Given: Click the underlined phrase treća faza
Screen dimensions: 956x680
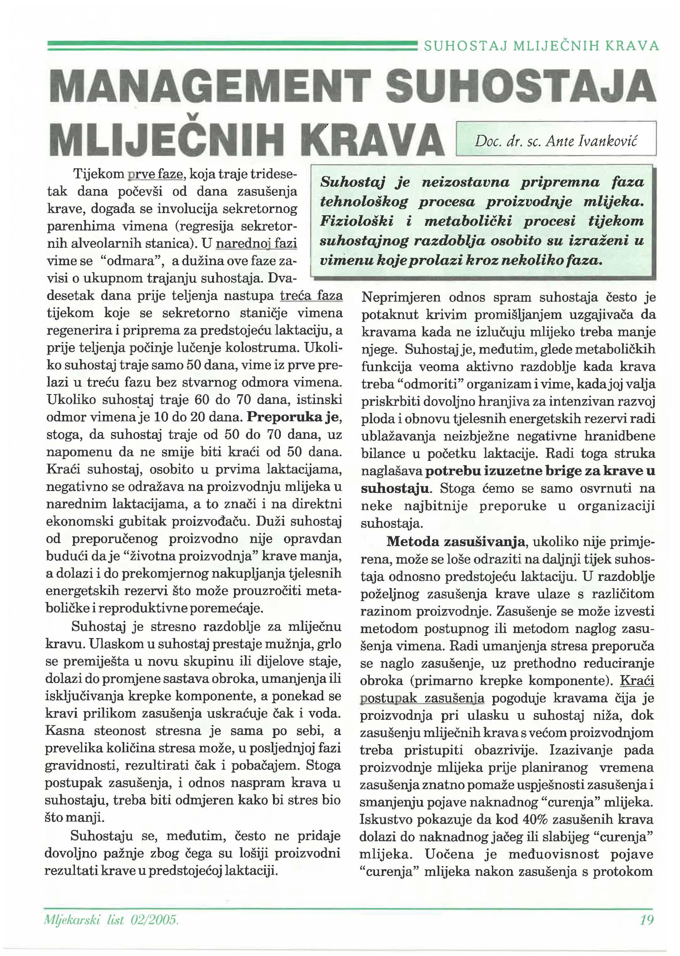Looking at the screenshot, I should [311, 296].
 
